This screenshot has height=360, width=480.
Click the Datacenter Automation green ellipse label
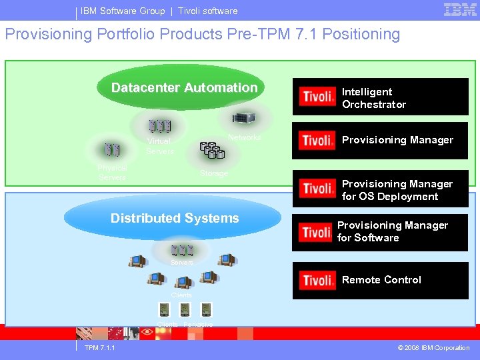[184, 88]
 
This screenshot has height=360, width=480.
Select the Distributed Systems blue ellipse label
[175, 218]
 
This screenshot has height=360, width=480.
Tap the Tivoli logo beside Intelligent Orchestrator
[317, 97]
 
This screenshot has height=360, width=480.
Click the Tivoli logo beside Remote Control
[317, 281]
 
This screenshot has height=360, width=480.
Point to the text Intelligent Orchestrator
[374, 98]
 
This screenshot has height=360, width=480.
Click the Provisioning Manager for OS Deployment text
[397, 190]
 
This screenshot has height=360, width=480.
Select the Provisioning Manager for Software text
[393, 231]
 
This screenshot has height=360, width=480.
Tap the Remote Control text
[381, 280]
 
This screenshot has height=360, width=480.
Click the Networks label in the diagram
[244, 137]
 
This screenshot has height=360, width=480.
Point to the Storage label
[214, 173]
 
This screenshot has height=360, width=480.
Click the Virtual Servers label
[159, 146]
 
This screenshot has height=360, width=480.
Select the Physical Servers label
[111, 173]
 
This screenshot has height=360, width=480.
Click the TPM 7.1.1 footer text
[100, 348]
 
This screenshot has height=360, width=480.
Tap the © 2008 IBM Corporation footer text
[433, 348]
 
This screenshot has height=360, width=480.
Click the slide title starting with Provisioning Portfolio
[203, 35]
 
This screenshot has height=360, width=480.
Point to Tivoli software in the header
[207, 11]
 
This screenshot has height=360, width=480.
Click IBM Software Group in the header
[123, 11]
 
